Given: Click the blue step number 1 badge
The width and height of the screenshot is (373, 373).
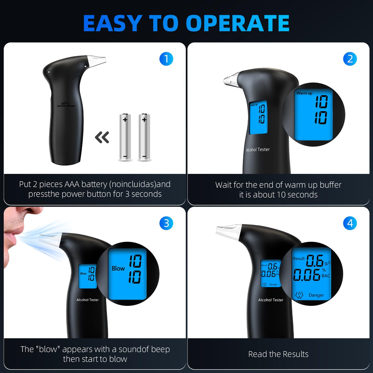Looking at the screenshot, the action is [x=166, y=59].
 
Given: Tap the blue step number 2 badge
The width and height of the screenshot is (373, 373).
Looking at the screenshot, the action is [x=350, y=59].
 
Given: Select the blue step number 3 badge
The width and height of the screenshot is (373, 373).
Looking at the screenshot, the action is [x=166, y=223].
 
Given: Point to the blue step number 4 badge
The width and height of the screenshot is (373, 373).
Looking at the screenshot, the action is [x=350, y=223].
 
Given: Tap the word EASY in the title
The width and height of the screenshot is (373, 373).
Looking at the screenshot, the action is [x=113, y=23].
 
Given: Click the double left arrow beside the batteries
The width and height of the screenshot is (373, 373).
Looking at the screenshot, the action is [x=102, y=137].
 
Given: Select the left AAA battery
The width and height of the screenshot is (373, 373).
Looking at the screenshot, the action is [x=125, y=137].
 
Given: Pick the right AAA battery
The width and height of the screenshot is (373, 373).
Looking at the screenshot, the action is [x=144, y=137].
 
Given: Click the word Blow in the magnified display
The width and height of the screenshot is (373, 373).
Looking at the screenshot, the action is [x=118, y=268].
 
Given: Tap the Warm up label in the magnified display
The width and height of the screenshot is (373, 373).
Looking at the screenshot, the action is [x=304, y=93].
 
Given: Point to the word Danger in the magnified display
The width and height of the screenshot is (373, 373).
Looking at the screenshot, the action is [x=316, y=295].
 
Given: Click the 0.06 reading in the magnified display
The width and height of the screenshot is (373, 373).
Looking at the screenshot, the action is [x=307, y=275].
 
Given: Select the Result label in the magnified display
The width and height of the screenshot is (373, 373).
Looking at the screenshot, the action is [x=299, y=258].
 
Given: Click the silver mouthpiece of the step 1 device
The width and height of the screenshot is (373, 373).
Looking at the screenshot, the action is [x=96, y=60].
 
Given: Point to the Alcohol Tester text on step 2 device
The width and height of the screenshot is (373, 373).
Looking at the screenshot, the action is [x=258, y=150].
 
